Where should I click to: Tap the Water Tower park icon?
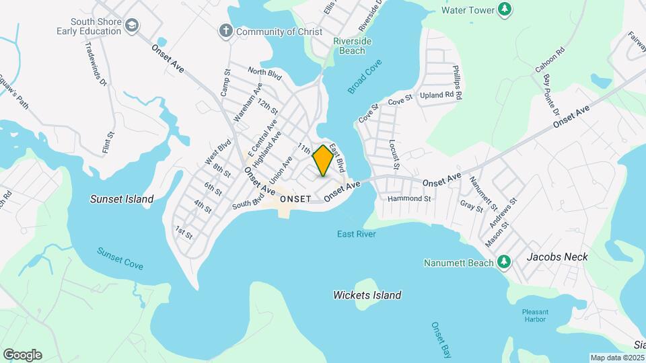click(505, 9)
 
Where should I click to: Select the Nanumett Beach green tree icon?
click(504, 262)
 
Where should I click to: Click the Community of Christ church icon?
click(225, 30)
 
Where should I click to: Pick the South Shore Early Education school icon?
click(133, 26)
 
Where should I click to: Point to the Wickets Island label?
click(367, 295)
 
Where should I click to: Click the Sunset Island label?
click(122, 199)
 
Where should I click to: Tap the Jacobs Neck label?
click(557, 257)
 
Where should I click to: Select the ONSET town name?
click(295, 199)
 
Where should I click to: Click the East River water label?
click(357, 234)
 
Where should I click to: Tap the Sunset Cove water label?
click(120, 258)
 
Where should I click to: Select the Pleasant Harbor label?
click(535, 316)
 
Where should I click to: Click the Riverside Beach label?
click(353, 46)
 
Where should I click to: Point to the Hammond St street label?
click(409, 199)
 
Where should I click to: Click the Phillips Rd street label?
click(457, 83)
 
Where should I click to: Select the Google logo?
click(22, 355)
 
